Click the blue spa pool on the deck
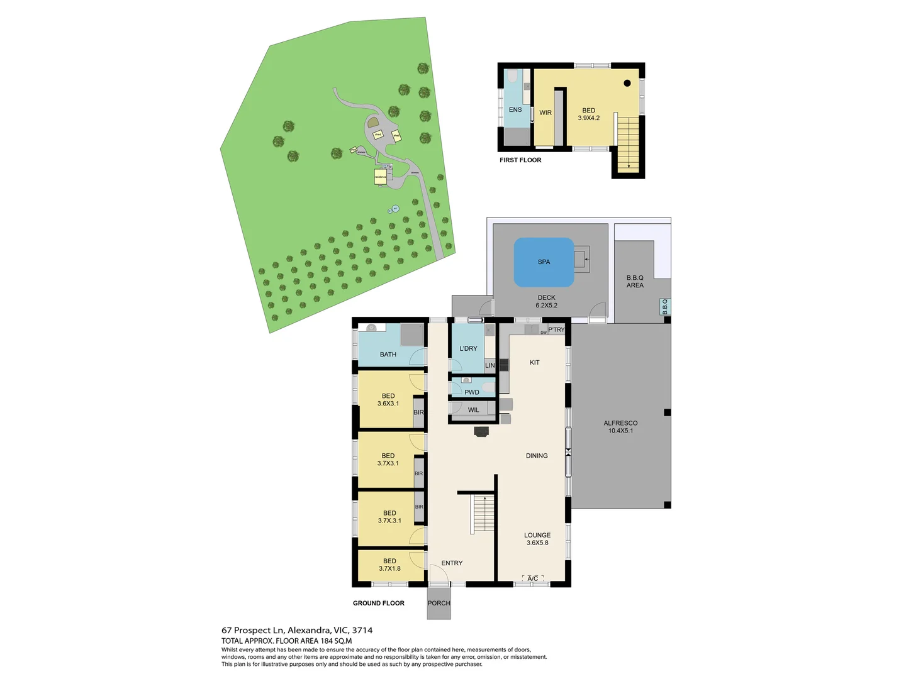[544, 262]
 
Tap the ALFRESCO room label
[620, 423]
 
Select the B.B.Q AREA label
[635, 281]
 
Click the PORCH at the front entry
[439, 603]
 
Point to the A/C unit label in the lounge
[532, 578]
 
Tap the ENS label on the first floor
[515, 109]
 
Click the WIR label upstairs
[545, 113]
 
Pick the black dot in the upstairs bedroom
[627, 83]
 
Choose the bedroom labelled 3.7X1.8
[389, 565]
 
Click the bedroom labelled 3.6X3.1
[388, 400]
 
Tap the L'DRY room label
[468, 348]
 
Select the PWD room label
[472, 392]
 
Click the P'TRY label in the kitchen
[556, 329]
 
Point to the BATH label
[388, 355]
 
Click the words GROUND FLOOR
[379, 603]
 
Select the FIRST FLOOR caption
[520, 160]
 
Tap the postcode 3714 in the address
[362, 630]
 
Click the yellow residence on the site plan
[381, 177]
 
